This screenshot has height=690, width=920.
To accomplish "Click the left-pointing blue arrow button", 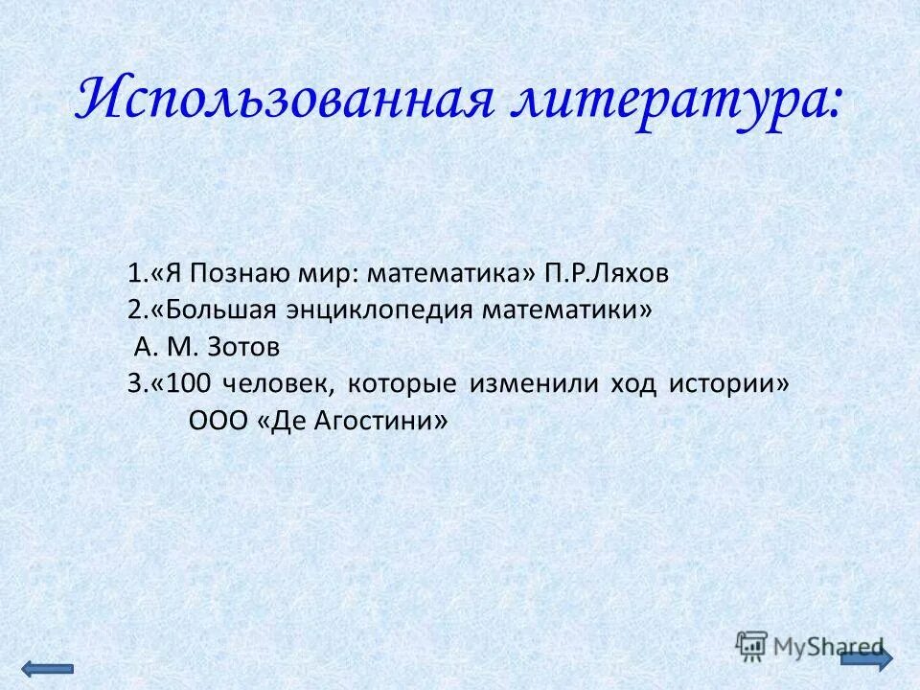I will pyautogui.click(x=46, y=668).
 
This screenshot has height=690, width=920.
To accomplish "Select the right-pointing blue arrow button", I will pyautogui.click(x=866, y=658).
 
